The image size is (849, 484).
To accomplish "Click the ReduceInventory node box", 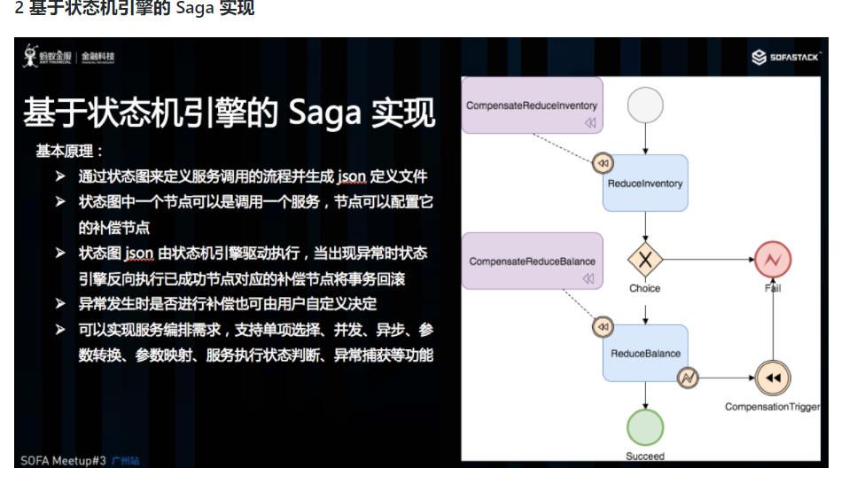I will click(645, 183).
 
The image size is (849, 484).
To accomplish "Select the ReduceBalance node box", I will click(645, 353).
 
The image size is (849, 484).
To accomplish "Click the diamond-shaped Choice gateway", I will click(645, 260).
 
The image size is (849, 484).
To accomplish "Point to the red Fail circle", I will click(772, 260).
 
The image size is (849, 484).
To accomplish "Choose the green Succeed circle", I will click(645, 427).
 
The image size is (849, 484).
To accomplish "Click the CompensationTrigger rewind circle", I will click(772, 378).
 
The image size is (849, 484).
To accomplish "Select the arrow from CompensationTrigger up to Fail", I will click(772, 319).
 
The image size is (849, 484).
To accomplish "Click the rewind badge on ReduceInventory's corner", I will click(603, 163).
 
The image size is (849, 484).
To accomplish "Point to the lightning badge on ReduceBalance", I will click(688, 378).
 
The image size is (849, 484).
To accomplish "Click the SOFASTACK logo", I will click(787, 58).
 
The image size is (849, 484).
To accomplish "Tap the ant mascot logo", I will click(32, 56).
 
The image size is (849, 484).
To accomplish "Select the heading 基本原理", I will click(69, 151).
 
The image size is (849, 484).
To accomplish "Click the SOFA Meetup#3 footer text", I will click(63, 460).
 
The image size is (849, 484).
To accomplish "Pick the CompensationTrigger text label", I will click(772, 407).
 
